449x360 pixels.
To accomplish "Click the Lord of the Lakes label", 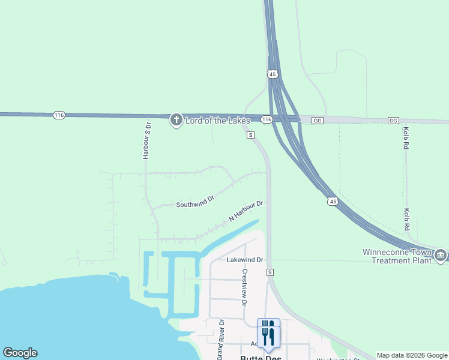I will (x=217, y=121).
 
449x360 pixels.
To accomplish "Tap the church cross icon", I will (x=176, y=120).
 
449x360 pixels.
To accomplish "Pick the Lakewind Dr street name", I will (x=245, y=260).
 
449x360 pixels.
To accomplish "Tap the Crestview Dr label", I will (x=244, y=287).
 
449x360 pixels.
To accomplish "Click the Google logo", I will (x=20, y=353).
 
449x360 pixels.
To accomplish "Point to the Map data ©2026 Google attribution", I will (x=412, y=355).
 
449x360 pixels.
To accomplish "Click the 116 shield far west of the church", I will (x=59, y=115).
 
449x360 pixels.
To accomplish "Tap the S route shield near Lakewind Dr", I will (x=271, y=272).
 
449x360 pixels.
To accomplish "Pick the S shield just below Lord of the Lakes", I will (x=250, y=135).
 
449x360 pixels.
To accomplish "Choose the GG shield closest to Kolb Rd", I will (x=393, y=121).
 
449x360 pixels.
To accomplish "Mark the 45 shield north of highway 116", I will (x=273, y=74).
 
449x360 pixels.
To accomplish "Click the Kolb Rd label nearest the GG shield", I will (x=406, y=140).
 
